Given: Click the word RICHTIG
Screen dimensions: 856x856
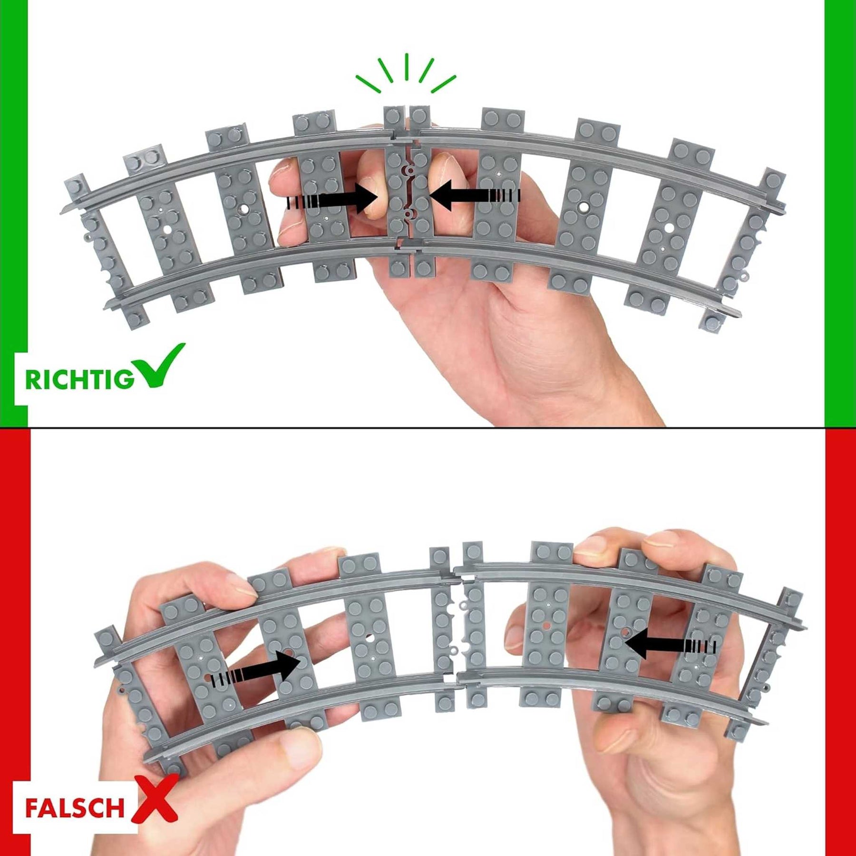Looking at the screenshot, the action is (x=79, y=379).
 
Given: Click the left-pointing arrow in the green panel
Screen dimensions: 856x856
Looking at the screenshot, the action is (x=474, y=195).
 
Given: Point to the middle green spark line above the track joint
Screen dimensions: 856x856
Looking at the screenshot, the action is (x=407, y=66).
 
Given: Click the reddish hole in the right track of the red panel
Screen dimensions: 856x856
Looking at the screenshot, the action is (x=547, y=625).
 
